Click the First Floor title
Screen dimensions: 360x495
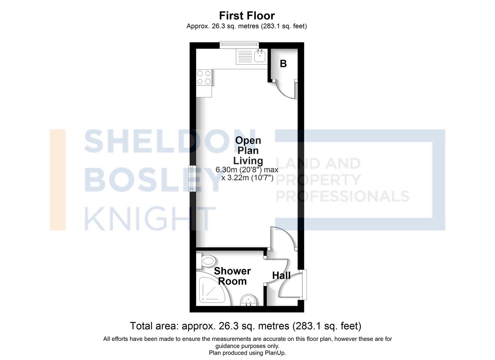[247, 16]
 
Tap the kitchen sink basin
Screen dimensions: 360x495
[259, 57]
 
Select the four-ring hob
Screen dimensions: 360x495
[204, 77]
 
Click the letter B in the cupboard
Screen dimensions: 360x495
[283, 63]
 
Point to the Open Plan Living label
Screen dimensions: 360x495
[248, 150]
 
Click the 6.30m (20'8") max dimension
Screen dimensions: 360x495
[247, 170]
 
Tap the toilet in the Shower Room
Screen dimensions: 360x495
[207, 261]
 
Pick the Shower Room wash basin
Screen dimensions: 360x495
[248, 300]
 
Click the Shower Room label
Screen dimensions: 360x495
[232, 276]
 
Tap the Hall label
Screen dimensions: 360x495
[281, 276]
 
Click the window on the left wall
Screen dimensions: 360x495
[193, 178]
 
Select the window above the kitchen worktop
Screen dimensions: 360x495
[239, 45]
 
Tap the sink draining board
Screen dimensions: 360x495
[244, 57]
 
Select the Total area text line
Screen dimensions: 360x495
[245, 326]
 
